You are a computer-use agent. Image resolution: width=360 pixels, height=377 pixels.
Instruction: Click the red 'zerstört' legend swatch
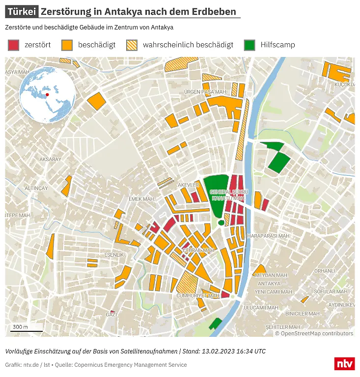pyautogui.click(x=13, y=45)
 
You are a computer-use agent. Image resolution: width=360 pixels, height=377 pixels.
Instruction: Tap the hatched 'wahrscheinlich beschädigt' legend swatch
pyautogui.click(x=132, y=45)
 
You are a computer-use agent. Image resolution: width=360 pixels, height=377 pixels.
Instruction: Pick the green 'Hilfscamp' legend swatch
pyautogui.click(x=249, y=45)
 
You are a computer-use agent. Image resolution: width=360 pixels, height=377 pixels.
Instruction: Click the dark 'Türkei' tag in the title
pyautogui.click(x=22, y=12)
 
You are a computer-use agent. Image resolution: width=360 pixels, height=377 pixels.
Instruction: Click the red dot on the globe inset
pyautogui.click(x=48, y=94)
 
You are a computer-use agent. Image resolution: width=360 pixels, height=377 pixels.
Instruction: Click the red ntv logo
pyautogui.click(x=344, y=364)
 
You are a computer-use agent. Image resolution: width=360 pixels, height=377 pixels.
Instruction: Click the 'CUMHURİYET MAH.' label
pyautogui.click(x=197, y=296)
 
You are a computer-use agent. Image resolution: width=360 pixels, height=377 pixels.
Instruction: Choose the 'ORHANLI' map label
pyautogui.click(x=324, y=271)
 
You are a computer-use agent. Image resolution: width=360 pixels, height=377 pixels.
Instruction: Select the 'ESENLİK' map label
pyautogui.click(x=114, y=255)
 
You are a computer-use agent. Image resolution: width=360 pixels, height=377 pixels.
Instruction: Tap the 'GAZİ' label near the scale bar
pyautogui.click(x=111, y=315)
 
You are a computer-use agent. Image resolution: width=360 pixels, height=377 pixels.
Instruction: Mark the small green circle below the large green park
pyautogui.click(x=221, y=223)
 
